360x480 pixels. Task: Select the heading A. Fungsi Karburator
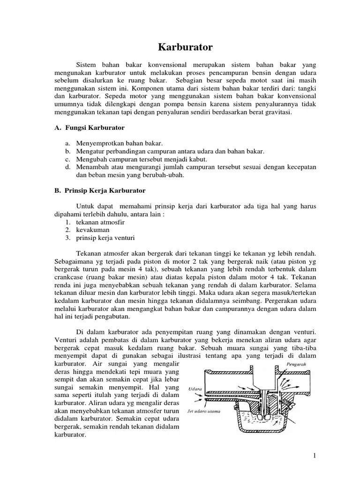coord(89,127)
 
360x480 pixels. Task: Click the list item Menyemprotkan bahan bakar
coord(119,143)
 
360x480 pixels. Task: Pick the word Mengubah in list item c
coord(90,159)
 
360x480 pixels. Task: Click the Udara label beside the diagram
coord(195,389)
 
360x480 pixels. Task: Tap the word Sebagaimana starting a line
coord(76,262)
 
